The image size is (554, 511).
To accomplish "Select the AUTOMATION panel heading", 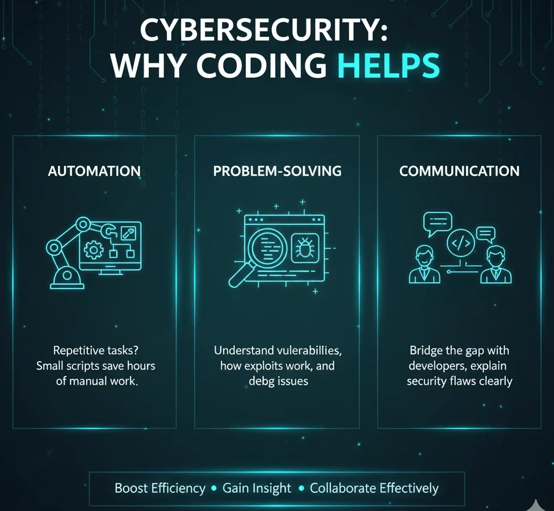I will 94,171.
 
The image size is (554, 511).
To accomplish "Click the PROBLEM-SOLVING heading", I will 277,171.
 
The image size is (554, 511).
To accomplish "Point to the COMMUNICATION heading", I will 459,171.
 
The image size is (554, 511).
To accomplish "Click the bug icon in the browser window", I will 305,249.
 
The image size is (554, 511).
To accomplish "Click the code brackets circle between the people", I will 460,244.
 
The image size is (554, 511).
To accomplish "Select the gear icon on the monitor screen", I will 93,249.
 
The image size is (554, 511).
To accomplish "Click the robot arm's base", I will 67,278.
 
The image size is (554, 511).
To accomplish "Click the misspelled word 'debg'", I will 263,381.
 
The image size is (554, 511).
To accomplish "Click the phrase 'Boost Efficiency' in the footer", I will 160,488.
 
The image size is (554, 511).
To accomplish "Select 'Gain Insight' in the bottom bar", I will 257,488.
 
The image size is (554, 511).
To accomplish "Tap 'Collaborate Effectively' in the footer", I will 374,488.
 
